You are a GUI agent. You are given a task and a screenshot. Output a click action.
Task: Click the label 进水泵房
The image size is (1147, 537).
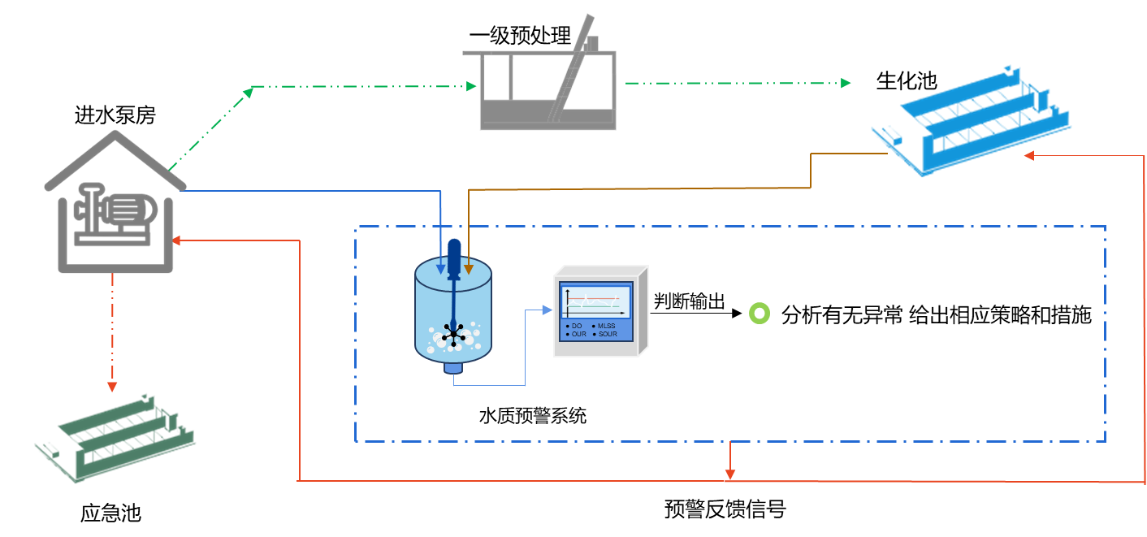tap(115, 116)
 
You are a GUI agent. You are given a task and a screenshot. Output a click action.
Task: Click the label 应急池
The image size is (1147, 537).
tap(110, 513)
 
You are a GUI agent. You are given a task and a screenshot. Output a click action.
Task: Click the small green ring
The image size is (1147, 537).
tap(759, 314)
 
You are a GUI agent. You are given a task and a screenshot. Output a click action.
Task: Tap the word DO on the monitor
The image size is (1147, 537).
tap(577, 326)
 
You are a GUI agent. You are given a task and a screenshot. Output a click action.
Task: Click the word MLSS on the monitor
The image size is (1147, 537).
tap(607, 326)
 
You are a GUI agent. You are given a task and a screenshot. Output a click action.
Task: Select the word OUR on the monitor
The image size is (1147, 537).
tap(578, 334)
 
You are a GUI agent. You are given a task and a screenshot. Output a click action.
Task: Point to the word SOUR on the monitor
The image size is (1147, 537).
tap(608, 334)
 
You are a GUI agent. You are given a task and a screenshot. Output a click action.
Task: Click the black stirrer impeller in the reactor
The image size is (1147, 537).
tap(453, 334)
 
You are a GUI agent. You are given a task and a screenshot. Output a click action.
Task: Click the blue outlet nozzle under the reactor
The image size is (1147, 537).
tap(453, 368)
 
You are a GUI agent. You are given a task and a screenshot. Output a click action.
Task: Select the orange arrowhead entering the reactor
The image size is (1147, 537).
tap(469, 269)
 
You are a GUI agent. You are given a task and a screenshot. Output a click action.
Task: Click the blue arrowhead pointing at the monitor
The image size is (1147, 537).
tap(547, 310)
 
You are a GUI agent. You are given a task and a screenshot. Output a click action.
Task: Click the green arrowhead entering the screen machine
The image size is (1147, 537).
tap(471, 86)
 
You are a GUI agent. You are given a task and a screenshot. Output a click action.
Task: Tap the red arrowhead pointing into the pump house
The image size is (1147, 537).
tap(177, 240)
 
